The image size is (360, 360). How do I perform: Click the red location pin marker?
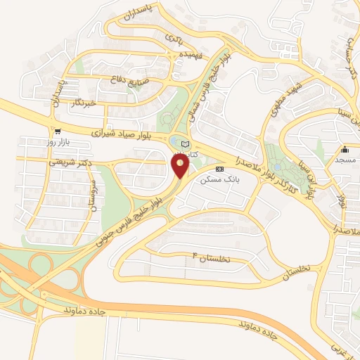tap(181, 165)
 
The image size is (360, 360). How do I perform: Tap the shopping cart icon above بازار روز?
tap(57, 131)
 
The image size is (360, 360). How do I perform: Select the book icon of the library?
tap(185, 144)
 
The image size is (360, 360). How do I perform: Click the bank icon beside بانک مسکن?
tap(220, 169)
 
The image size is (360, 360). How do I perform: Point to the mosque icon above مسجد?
tap(345, 150)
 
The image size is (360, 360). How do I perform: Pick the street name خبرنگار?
tap(86, 103)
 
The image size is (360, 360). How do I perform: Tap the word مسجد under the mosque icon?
tap(345, 161)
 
